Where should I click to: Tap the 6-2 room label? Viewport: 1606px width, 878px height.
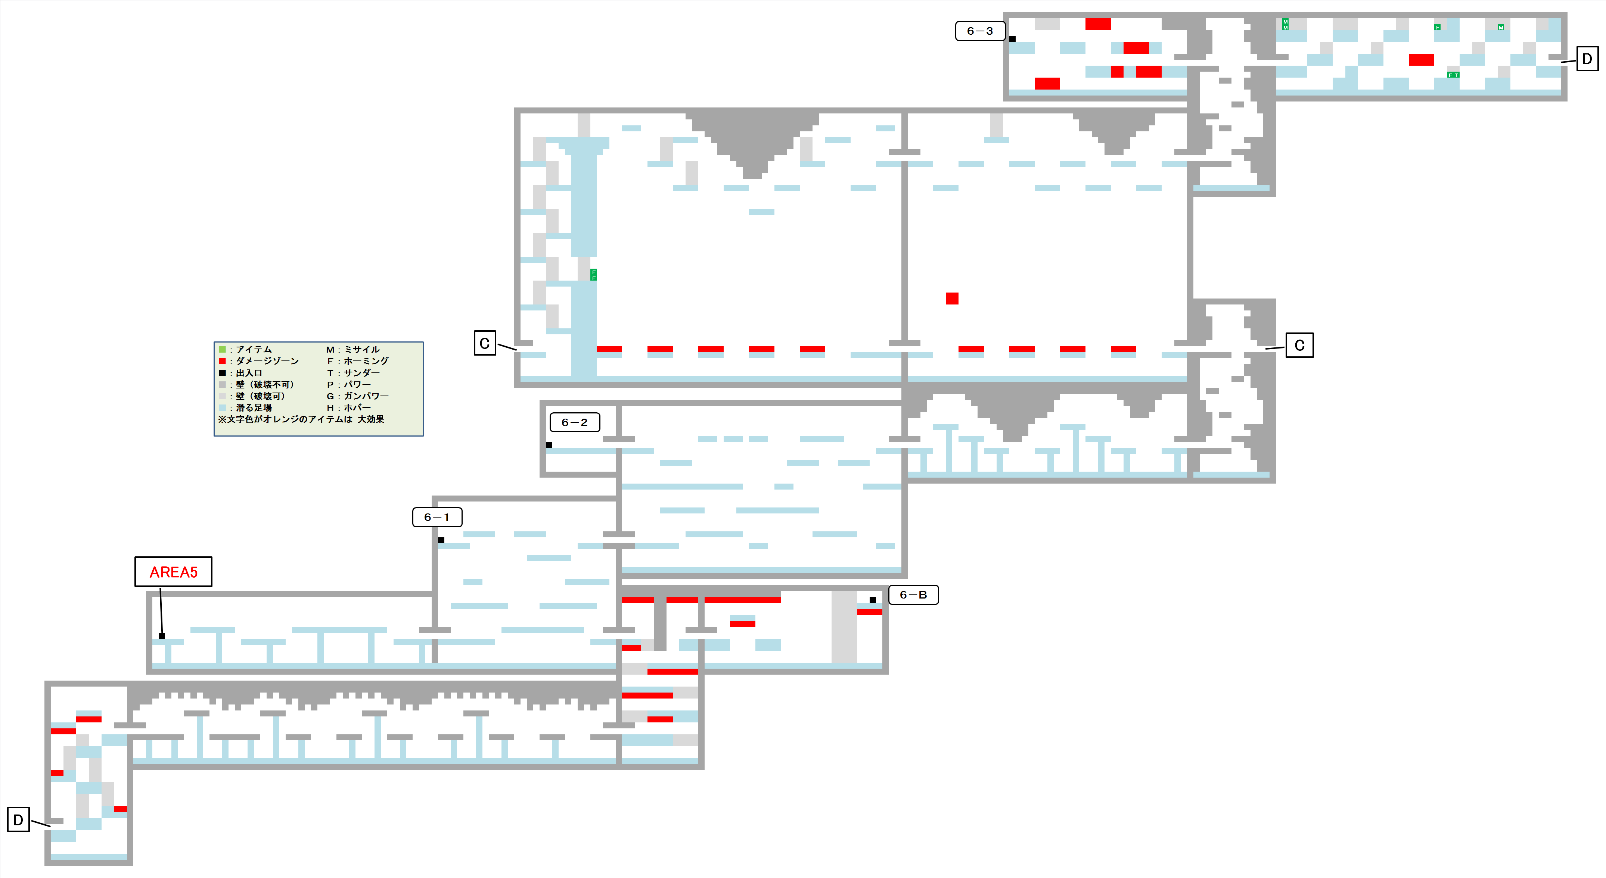tap(574, 422)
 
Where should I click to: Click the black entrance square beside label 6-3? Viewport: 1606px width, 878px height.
tap(1013, 39)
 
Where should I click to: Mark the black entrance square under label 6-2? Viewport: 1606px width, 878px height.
tap(549, 445)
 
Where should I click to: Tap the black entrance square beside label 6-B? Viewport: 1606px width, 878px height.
tap(873, 600)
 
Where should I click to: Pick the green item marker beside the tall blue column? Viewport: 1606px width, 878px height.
tap(594, 275)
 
